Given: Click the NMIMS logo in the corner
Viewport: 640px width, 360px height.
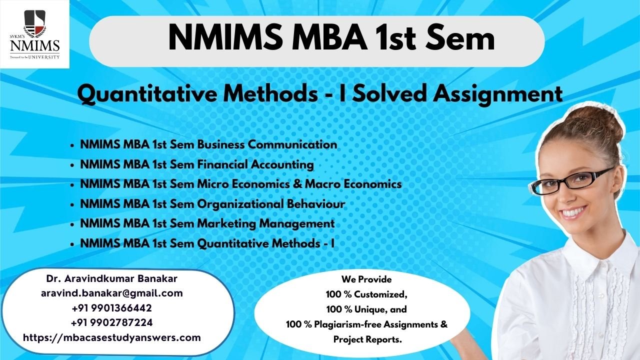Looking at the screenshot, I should click(x=34, y=34).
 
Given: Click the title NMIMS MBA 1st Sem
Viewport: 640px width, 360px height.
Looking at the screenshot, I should click(x=331, y=39).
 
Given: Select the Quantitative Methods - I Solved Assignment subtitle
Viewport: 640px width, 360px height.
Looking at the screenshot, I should click(x=320, y=94).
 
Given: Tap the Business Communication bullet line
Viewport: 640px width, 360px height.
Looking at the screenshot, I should click(x=208, y=144).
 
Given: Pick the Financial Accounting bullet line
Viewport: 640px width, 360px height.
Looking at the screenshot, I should click(x=196, y=164).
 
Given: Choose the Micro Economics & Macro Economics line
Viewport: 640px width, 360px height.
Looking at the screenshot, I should click(x=240, y=184).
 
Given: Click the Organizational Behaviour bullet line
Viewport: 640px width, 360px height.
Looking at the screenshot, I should click(x=212, y=204).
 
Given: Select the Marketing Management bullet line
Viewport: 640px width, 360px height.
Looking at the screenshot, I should click(x=207, y=223).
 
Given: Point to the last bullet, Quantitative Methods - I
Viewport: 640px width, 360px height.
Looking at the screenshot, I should click(x=206, y=243).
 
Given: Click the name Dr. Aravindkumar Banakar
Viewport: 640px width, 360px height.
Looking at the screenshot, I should click(x=111, y=278).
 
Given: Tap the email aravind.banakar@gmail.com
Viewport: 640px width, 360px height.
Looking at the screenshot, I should click(x=111, y=293).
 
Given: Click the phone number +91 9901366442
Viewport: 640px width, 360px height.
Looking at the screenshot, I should click(x=111, y=307).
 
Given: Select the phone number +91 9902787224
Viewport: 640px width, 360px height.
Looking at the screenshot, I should click(x=111, y=322).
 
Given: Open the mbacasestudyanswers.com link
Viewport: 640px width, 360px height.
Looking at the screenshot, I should click(x=111, y=337).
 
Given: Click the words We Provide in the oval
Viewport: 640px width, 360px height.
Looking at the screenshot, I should click(x=366, y=279).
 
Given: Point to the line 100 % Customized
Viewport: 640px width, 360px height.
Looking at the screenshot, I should click(x=366, y=294).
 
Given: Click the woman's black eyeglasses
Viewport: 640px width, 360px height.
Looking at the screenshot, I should click(x=570, y=182).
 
